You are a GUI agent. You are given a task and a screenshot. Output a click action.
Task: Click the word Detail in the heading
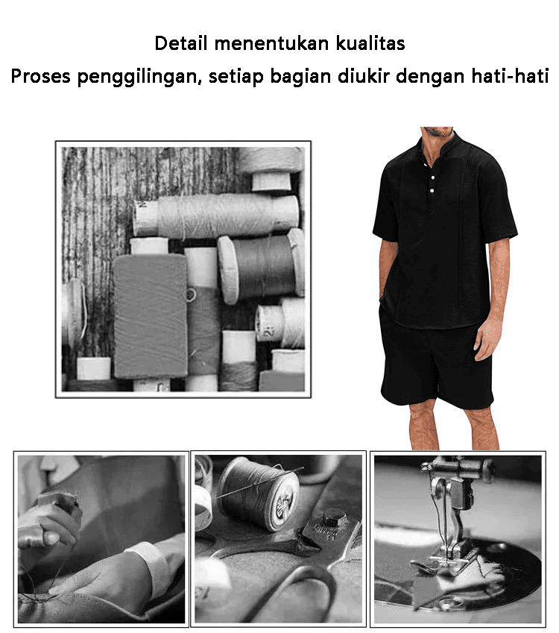pos(181,43)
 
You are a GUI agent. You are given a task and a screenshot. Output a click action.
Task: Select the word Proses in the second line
pos(40,76)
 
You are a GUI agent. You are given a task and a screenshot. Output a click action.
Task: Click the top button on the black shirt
pos(425,165)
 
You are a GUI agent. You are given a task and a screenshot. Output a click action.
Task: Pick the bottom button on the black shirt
pos(432,191)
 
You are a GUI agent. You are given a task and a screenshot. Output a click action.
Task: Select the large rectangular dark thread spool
pos(151,316)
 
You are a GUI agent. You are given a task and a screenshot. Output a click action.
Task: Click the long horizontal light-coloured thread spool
pos(217,215)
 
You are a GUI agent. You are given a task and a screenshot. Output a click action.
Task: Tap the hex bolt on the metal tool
pos(334,517)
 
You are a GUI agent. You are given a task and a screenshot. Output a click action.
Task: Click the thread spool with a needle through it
pos(259,494)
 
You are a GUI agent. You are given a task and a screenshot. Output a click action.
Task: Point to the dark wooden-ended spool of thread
pos(261,267)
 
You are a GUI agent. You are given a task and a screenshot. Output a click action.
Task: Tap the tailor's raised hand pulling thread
pos(48,525)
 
